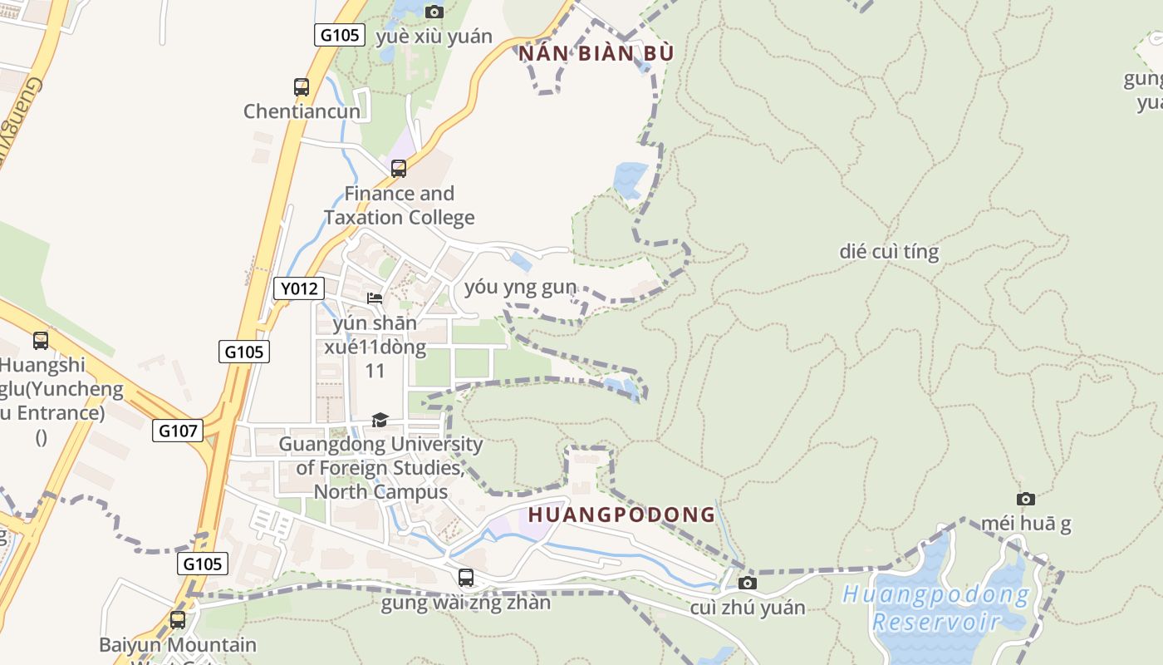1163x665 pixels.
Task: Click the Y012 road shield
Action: [x=299, y=288]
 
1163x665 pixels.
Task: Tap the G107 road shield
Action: [x=178, y=431]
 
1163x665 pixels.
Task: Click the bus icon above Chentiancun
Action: [x=302, y=86]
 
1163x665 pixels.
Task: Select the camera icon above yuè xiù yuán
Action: [x=434, y=12]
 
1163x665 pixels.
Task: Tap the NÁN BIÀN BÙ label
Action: [x=596, y=54]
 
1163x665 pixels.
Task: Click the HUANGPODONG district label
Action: [x=621, y=515]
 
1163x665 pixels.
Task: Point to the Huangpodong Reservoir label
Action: [x=935, y=608]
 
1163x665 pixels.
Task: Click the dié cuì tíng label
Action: [x=889, y=252]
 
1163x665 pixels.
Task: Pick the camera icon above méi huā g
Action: [x=1026, y=499]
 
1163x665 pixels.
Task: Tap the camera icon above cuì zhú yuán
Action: [x=748, y=583]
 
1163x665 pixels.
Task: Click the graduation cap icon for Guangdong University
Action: [x=380, y=420]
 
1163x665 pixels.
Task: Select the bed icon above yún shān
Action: [x=375, y=298]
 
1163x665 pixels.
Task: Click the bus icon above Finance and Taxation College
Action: [x=399, y=169]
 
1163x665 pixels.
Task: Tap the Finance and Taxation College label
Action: [x=400, y=205]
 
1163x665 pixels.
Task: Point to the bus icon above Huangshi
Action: [x=41, y=340]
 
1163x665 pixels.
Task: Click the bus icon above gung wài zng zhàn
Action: [x=466, y=577]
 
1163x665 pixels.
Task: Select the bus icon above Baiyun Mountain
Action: [x=178, y=619]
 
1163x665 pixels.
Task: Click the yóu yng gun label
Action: [x=520, y=288]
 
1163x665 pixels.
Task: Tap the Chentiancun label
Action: [x=302, y=111]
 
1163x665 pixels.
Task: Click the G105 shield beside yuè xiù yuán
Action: [x=340, y=35]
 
